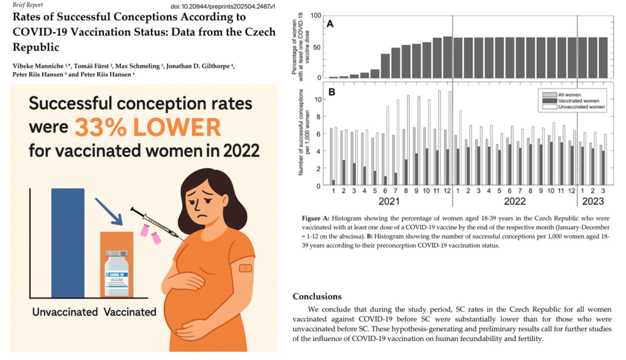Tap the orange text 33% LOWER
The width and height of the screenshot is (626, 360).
click(147, 127)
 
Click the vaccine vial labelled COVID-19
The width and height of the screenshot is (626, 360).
click(117, 273)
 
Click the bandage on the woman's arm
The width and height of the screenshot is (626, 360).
click(245, 268)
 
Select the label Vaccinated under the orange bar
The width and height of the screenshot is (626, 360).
click(130, 312)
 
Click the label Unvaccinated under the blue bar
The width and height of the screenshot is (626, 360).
click(65, 312)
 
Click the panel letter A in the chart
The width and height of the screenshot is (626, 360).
click(330, 24)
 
